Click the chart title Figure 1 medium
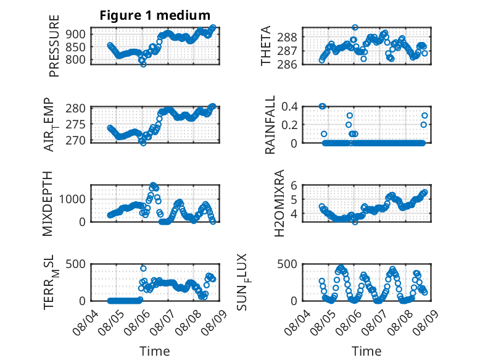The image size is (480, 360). coord(155,15)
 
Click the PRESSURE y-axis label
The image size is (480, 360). coord(54,46)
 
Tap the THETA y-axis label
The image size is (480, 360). coord(266,46)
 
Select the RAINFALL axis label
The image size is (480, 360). coord(270,125)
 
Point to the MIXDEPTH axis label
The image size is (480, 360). coord(48,204)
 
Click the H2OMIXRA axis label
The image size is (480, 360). coord(279,203)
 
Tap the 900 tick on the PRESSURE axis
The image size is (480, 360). coord(75,34)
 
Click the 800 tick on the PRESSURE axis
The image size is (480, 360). coord(75,60)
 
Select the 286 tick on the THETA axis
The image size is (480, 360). coord(287,64)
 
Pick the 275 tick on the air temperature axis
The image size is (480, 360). coord(75,125)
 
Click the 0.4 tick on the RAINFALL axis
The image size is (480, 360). coord(289,107)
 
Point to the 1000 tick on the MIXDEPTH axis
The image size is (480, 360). coord(72,199)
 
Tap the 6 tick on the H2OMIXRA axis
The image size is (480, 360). coord(294,185)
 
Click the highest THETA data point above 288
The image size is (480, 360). coord(355,27)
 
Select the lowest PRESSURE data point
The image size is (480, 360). coord(143,64)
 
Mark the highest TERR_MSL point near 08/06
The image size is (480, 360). coord(143,269)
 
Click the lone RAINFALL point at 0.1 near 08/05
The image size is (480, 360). coord(324,134)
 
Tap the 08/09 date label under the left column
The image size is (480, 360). coord(214,322)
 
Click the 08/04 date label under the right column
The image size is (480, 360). coord(297,322)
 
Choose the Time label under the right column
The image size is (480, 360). coord(366,351)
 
